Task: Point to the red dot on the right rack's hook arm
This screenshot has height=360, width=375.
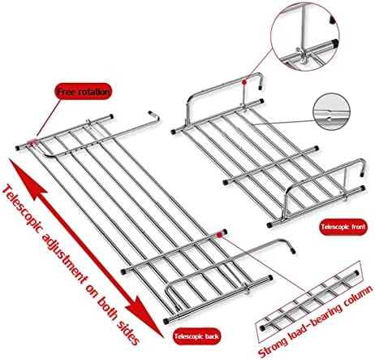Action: click(x=244, y=80)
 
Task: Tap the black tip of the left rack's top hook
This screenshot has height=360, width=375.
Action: click(x=152, y=114)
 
